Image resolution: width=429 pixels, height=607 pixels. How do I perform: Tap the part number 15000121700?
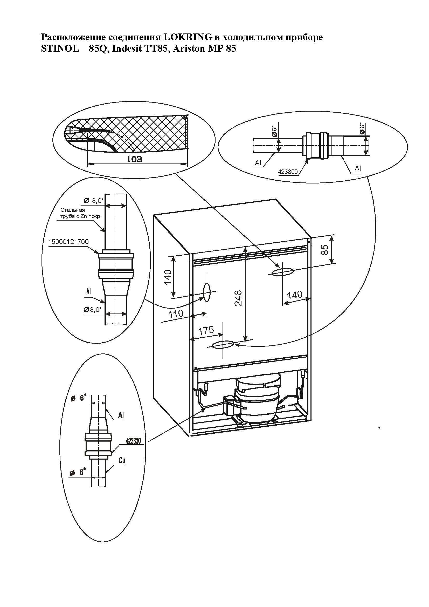point(68,242)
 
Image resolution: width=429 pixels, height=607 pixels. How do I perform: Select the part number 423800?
point(288,172)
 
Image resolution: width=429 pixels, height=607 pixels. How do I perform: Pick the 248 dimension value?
point(238,298)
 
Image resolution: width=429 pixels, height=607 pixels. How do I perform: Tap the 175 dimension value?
point(206,330)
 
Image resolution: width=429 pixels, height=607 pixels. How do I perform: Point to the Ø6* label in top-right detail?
point(274,131)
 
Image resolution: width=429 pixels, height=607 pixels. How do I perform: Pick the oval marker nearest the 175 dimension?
point(223,345)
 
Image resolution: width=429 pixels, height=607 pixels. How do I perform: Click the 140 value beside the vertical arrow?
point(168,277)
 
